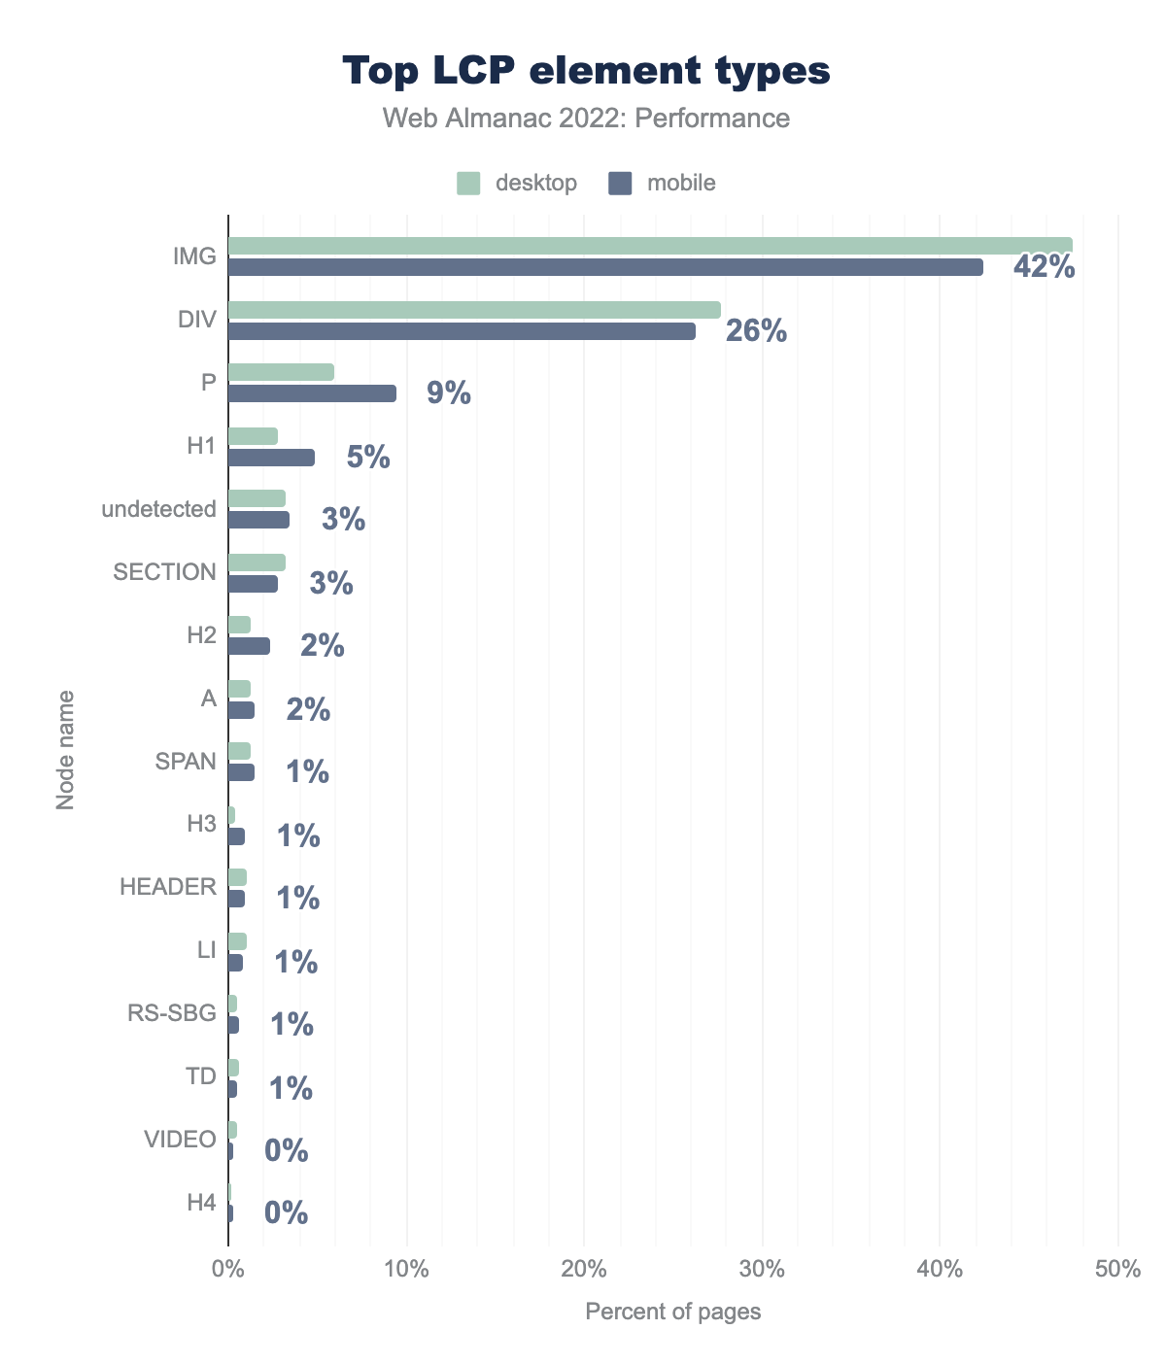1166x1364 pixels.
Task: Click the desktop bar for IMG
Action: [x=649, y=246]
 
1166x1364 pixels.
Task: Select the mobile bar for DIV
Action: [x=462, y=331]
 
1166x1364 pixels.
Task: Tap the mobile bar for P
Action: [x=312, y=393]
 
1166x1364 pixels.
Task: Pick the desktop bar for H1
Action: [x=253, y=436]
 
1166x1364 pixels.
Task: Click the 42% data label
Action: [x=1044, y=267]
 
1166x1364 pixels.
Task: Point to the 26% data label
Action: [x=756, y=331]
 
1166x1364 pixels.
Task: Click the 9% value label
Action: [x=449, y=393]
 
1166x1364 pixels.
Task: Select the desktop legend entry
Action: [x=518, y=183]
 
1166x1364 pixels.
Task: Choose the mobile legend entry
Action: [x=663, y=183]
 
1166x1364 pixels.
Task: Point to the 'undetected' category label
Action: [x=159, y=509]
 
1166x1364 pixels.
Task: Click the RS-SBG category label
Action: [x=172, y=1013]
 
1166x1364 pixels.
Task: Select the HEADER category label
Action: [x=168, y=887]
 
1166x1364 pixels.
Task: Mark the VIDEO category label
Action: [x=180, y=1140]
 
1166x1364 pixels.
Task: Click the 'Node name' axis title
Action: [x=65, y=749]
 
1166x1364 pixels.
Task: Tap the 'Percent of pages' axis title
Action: [x=672, y=1312]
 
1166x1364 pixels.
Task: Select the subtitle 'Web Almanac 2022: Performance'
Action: [x=586, y=119]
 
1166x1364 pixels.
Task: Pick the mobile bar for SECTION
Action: [x=253, y=584]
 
